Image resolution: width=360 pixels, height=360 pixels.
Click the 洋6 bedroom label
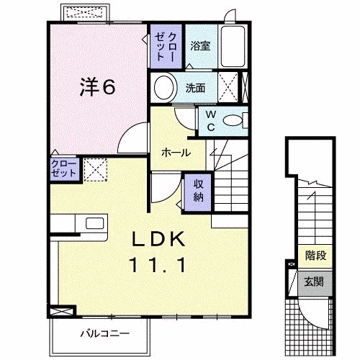pos(96,86)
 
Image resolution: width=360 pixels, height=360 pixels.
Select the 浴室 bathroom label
pos(200,46)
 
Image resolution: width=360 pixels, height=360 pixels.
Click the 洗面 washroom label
pos(195,89)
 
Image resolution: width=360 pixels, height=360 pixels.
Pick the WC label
pos(211,121)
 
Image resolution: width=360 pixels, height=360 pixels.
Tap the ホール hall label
pos(176,153)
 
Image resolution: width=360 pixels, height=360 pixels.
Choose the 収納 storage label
pos(198,190)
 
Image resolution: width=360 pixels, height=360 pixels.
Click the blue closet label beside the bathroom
pos(166,45)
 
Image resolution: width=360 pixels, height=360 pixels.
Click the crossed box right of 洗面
pos(229,89)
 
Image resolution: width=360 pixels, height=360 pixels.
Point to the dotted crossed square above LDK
pos(94,170)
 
